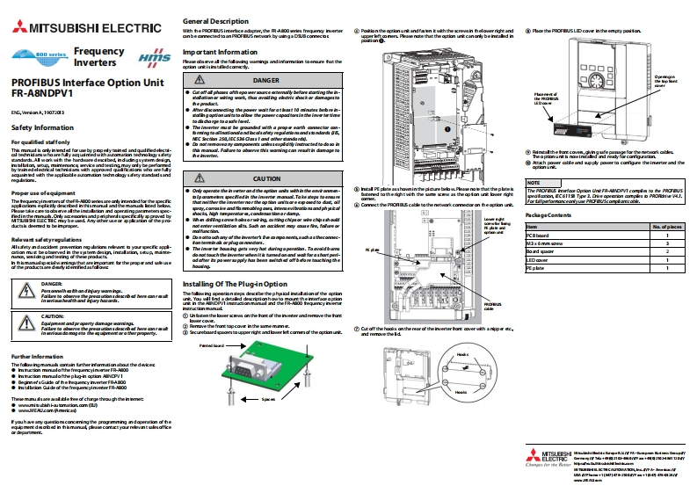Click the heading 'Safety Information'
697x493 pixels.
pos(42,127)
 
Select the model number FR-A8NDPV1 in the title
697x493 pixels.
pos(42,94)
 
